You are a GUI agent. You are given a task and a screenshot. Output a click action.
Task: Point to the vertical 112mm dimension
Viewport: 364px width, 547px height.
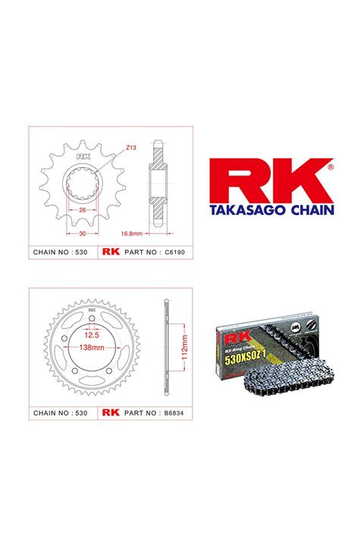coord(177,340)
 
